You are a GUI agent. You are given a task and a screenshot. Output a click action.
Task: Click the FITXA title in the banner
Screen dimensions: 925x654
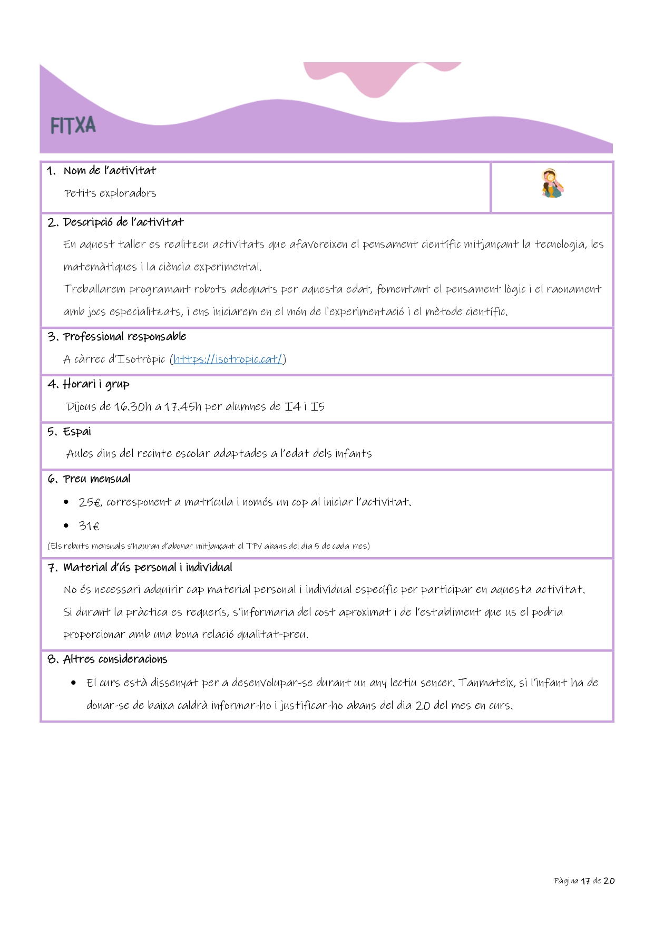(73, 126)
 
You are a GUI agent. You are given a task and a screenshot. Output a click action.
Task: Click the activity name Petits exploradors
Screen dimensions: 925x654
(110, 193)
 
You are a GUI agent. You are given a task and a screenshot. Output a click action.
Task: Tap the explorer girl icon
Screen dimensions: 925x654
(552, 183)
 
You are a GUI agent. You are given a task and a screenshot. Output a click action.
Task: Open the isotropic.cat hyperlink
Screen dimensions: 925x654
(228, 359)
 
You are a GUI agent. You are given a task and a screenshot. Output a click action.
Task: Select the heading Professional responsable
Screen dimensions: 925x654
(124, 337)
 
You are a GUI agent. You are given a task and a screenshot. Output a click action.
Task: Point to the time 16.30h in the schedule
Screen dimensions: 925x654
(133, 407)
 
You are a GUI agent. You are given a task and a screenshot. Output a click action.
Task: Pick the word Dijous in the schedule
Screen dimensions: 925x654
(82, 407)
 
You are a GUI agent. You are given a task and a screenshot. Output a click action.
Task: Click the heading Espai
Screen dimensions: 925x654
(77, 432)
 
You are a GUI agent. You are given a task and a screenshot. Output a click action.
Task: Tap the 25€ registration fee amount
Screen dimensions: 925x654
(90, 502)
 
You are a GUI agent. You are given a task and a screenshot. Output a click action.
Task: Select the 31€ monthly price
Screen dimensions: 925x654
(89, 526)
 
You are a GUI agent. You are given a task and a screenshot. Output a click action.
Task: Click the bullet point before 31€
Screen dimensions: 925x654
(66, 525)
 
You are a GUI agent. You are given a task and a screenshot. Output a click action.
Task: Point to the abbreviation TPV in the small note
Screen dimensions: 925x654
(253, 546)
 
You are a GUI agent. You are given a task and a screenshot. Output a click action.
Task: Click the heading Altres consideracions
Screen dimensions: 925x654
(115, 659)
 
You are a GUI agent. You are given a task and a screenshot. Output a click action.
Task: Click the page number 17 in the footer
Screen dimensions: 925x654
(585, 881)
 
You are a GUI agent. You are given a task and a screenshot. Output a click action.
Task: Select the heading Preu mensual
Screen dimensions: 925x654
(96, 479)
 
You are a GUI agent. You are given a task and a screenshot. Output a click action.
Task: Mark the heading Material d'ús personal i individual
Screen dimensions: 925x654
(148, 568)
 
